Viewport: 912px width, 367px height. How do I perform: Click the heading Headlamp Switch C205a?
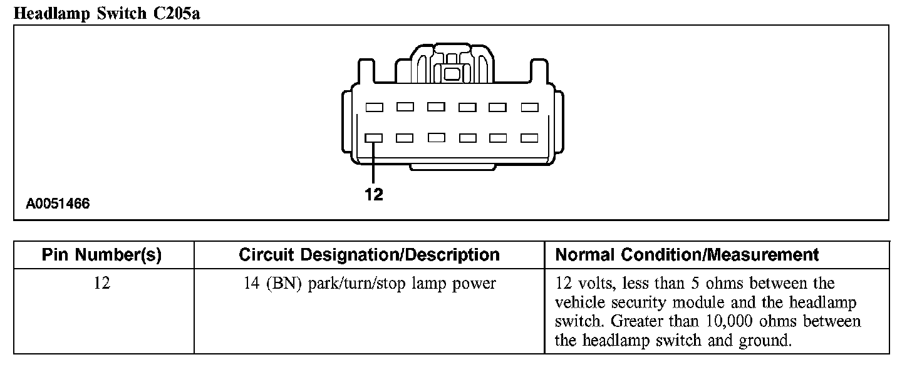106,13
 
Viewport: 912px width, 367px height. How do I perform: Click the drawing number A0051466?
58,204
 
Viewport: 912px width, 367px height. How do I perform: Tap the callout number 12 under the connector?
373,195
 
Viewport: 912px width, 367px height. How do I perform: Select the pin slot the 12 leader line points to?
374,138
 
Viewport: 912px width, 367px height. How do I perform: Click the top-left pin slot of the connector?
374,107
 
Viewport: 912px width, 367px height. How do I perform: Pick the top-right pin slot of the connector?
529,107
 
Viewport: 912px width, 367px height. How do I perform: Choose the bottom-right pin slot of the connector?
529,138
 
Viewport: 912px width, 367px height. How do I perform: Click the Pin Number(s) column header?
101,255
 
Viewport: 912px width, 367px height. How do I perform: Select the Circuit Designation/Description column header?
369,255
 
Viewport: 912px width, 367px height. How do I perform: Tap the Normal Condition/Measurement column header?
687,255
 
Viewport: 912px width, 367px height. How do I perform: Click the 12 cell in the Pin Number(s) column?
101,284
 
